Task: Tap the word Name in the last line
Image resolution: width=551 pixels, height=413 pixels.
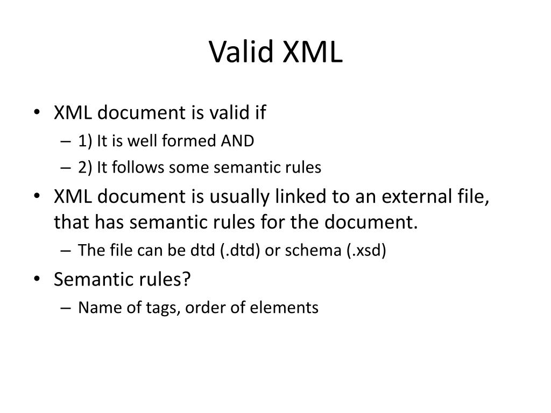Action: coord(94,308)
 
